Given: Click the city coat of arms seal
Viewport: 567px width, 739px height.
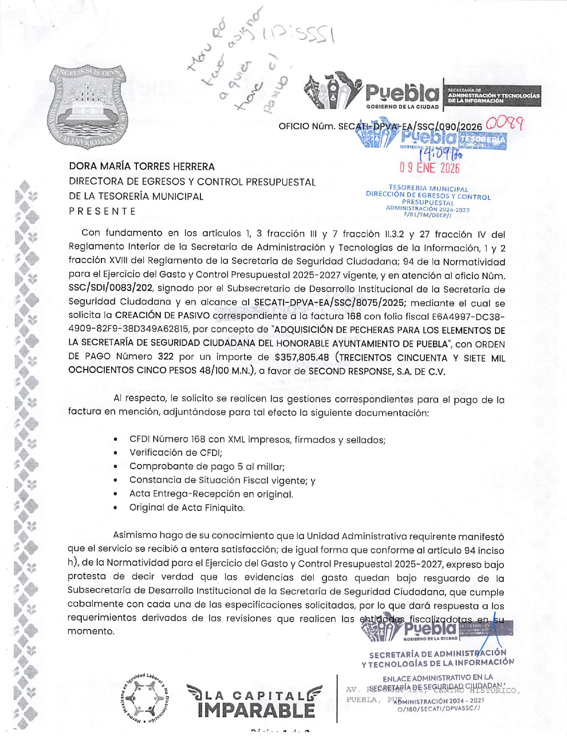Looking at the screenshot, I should click(88, 106).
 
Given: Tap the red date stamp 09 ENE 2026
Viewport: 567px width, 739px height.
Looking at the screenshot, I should click(429, 168).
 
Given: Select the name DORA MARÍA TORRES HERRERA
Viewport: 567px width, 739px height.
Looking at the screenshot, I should click(142, 167).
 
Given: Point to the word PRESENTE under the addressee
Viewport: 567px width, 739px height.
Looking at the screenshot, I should click(102, 211).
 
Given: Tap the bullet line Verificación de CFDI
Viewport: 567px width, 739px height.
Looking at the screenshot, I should click(175, 453).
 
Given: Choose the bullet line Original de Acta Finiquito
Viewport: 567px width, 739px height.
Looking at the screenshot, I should click(187, 508).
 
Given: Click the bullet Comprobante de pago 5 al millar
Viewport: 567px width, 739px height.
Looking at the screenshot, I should click(207, 466).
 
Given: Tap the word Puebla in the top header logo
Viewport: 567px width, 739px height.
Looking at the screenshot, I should click(402, 93).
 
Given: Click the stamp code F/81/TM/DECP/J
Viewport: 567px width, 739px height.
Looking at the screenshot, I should click(427, 215).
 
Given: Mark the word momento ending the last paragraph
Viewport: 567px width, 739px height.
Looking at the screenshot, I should click(91, 631).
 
